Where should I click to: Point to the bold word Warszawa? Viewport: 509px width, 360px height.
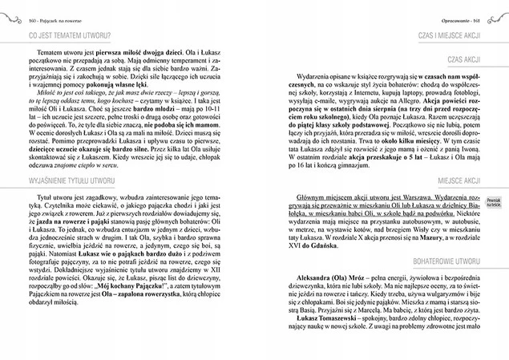tap(410, 197)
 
